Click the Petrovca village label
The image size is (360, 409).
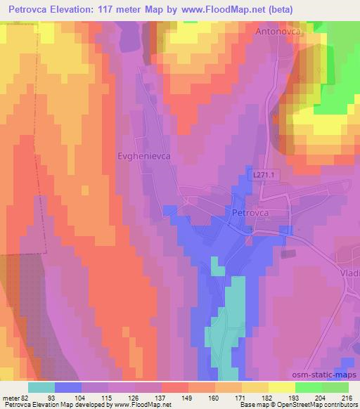[x=250, y=211]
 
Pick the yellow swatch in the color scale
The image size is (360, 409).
[x=281, y=387]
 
